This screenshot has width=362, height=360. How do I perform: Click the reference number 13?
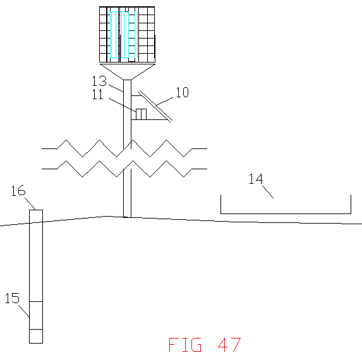(x=99, y=81)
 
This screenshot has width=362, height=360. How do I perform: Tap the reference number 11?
(x=98, y=94)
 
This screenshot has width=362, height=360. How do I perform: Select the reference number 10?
(x=183, y=92)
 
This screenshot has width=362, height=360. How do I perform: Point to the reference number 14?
(x=256, y=179)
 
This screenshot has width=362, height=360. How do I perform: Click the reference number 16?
(x=18, y=191)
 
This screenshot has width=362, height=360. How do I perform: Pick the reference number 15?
(x=12, y=298)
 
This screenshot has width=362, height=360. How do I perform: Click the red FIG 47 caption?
(x=205, y=345)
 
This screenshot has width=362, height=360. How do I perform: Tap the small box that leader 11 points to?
(x=141, y=114)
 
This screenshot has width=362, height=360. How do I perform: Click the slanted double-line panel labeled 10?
(x=155, y=106)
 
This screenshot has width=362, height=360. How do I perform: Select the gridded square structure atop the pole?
(x=127, y=34)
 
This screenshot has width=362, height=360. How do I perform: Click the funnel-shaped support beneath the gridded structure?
(x=127, y=72)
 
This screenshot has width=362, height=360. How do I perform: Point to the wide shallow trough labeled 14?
(x=286, y=213)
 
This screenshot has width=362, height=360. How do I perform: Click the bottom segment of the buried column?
(x=36, y=336)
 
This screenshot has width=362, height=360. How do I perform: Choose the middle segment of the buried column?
(x=36, y=315)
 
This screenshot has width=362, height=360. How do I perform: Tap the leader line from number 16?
(x=30, y=203)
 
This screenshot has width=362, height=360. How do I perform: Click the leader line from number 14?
(x=268, y=192)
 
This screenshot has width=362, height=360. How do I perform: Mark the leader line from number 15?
(x=24, y=311)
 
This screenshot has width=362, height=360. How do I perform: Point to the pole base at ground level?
(x=127, y=217)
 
